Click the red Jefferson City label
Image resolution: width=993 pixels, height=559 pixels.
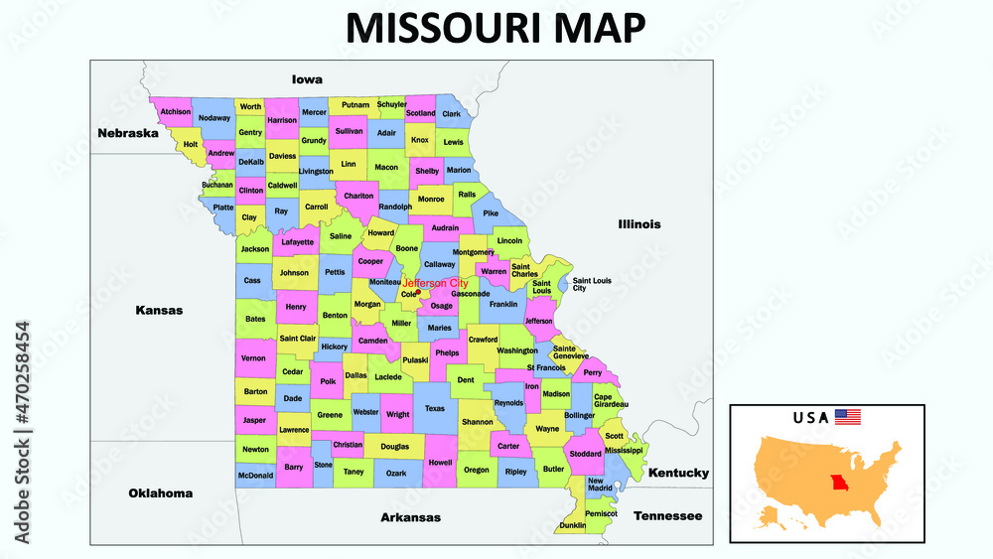click(435, 284)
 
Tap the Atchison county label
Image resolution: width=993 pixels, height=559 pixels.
click(175, 112)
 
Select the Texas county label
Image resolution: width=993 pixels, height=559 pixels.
click(435, 408)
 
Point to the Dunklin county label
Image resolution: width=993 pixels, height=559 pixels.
click(572, 525)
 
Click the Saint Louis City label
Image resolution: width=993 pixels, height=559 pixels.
click(592, 284)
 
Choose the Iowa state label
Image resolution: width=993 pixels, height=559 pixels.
click(307, 79)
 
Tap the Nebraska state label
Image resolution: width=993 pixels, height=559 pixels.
click(127, 133)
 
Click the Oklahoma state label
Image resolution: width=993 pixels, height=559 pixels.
click(160, 492)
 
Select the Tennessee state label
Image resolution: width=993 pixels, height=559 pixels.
click(667, 516)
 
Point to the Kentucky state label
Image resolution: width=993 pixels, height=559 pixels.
click(678, 474)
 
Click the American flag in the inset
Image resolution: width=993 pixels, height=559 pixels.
click(847, 417)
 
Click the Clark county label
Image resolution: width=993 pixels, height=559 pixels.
click(452, 114)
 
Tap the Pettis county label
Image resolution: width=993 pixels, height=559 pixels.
click(335, 271)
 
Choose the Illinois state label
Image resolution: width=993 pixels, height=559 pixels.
click(638, 224)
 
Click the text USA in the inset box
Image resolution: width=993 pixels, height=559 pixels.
click(810, 417)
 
